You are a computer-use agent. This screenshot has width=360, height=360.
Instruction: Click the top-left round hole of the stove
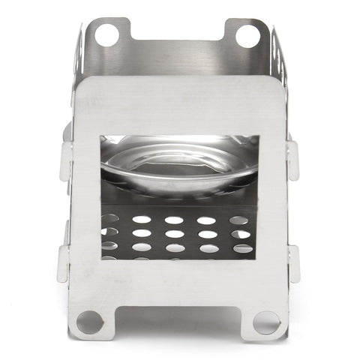coord(106,34)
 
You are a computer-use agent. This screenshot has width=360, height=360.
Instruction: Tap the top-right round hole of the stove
coord(247,34)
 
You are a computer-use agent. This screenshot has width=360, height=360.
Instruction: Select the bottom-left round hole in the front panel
coord(89,321)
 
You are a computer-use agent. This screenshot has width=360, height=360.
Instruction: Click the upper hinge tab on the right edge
coord(292,157)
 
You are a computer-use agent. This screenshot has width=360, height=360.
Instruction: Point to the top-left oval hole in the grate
coord(109,219)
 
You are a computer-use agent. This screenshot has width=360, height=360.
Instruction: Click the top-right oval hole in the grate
coord(239,220)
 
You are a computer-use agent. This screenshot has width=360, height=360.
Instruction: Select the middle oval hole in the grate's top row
coord(174,220)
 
